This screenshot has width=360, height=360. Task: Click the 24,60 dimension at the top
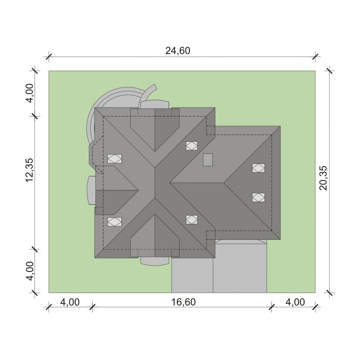pyautogui.click(x=178, y=50)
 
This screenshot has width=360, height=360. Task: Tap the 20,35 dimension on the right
pyautogui.click(x=323, y=178)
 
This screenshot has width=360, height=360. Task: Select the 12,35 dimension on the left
pyautogui.click(x=30, y=170)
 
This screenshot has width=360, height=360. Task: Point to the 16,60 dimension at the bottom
pyautogui.click(x=184, y=302)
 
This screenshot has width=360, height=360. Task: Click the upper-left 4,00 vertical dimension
pyautogui.click(x=30, y=93)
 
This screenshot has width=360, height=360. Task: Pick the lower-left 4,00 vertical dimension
pyautogui.click(x=30, y=271)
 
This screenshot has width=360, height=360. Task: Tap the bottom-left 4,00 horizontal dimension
pyautogui.click(x=70, y=302)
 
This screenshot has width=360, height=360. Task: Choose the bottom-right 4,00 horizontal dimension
pyautogui.click(x=295, y=302)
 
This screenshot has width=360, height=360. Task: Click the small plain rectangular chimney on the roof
pyautogui.click(x=208, y=160)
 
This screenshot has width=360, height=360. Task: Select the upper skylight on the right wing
pyautogui.click(x=258, y=168)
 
